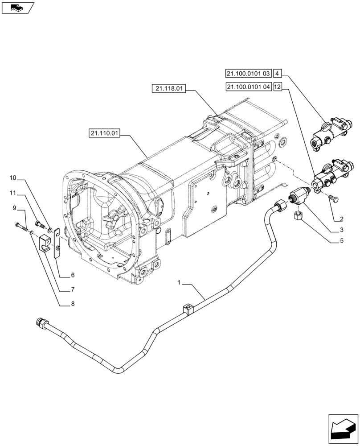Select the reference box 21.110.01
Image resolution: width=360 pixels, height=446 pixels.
(x=105, y=133)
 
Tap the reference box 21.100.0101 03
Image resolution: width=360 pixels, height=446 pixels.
(x=248, y=73)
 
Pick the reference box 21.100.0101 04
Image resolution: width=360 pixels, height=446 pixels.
(x=248, y=87)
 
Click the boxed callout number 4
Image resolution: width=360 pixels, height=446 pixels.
(x=277, y=73)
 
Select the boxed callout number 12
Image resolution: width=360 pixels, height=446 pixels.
(x=277, y=87)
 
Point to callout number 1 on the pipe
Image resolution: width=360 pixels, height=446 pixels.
(x=179, y=282)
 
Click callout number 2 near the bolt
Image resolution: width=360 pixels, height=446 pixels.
(x=341, y=219)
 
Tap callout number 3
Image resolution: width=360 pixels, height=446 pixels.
(x=341, y=230)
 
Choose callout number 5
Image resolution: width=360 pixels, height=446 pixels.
(x=341, y=242)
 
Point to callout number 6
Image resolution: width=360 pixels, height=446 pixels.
(x=72, y=275)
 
